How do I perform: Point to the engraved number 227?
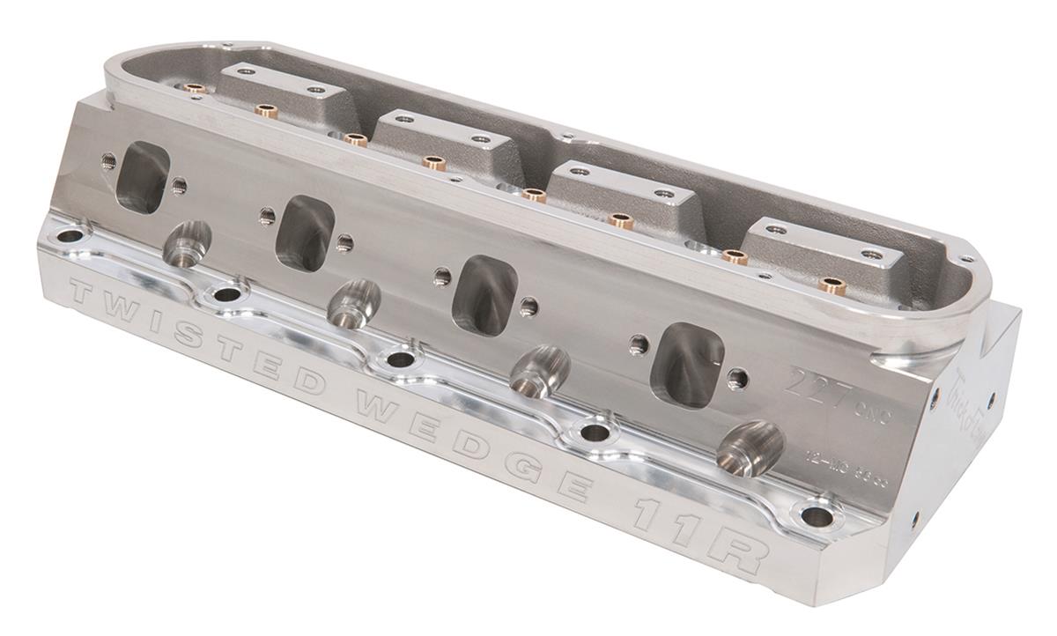pos(815,384)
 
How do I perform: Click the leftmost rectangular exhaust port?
pos(142,176)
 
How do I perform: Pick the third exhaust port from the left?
pos(484,295)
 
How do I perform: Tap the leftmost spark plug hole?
pos(187,244)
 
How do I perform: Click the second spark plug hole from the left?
pos(353,304)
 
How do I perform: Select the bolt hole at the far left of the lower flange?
pos(67,236)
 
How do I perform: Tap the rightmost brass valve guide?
pos(829,286)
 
